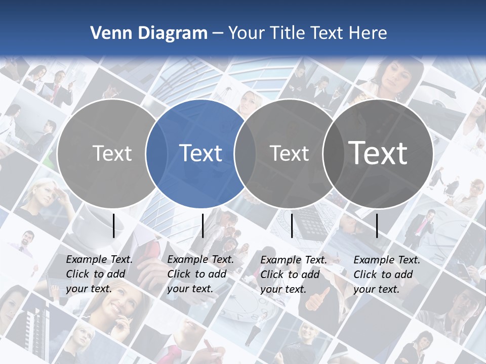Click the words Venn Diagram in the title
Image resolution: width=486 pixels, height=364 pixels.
coord(149,33)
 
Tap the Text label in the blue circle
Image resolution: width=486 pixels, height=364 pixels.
coord(201,153)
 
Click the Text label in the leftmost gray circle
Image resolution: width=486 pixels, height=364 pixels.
coord(112,153)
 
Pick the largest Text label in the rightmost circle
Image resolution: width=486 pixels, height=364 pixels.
coord(378,153)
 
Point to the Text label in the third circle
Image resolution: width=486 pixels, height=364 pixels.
coord(290,153)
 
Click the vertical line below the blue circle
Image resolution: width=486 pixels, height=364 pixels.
coord(202,225)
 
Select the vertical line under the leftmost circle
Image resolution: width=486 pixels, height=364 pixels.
coord(114,225)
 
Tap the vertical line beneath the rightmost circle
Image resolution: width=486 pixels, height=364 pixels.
coord(377,225)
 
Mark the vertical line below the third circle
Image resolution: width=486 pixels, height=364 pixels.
coord(292,225)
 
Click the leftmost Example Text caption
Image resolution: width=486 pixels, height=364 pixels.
coord(99,274)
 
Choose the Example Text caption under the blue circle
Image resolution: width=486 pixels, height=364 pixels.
coord(200,274)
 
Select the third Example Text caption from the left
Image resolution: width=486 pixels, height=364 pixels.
coord(294,275)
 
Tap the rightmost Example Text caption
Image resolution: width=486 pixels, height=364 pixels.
coord(387,275)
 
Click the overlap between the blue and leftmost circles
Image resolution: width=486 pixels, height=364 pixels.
coord(156,153)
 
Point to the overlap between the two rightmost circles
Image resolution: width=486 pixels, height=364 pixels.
coord(332,153)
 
